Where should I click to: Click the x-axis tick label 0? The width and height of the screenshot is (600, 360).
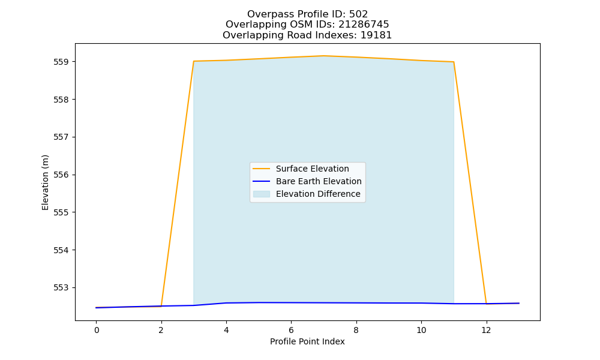97,330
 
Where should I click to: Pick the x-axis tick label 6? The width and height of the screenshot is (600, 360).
291,330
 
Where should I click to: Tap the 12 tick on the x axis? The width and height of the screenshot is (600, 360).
486,330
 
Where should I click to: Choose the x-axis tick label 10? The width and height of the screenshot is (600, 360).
421,330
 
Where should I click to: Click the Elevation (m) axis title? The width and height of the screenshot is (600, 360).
45,182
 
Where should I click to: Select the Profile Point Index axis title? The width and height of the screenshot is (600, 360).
307,341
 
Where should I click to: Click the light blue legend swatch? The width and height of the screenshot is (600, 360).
262,194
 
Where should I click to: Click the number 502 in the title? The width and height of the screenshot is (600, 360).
358,14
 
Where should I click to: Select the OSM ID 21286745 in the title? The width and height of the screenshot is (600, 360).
364,25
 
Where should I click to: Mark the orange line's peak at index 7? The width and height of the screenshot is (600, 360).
324,56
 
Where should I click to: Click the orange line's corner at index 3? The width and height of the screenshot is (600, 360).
194,61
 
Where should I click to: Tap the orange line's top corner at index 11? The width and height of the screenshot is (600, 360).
454,62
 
